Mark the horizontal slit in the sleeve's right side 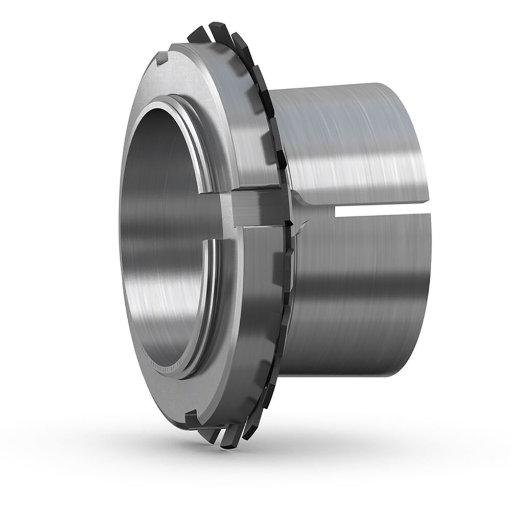378,209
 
